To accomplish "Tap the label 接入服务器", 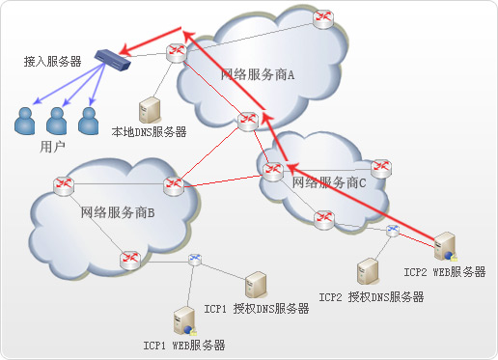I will (x=52, y=61).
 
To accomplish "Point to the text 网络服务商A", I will (x=258, y=74).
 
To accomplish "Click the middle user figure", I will (x=58, y=120).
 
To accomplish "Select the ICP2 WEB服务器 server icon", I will (x=446, y=247).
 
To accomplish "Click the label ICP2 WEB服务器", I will (x=445, y=273).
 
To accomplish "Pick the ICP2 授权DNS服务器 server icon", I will (x=367, y=269).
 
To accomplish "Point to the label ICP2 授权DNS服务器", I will (x=372, y=297).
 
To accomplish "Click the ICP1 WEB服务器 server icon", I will (x=181, y=319).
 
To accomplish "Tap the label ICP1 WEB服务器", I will (x=184, y=345).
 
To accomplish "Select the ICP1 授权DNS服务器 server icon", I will (x=256, y=284).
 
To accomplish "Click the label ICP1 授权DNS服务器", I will (x=257, y=310).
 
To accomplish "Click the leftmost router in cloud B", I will (x=64, y=184).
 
